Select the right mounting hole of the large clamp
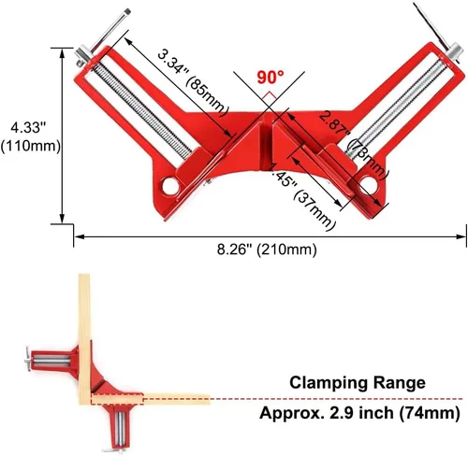tap(366, 182)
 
